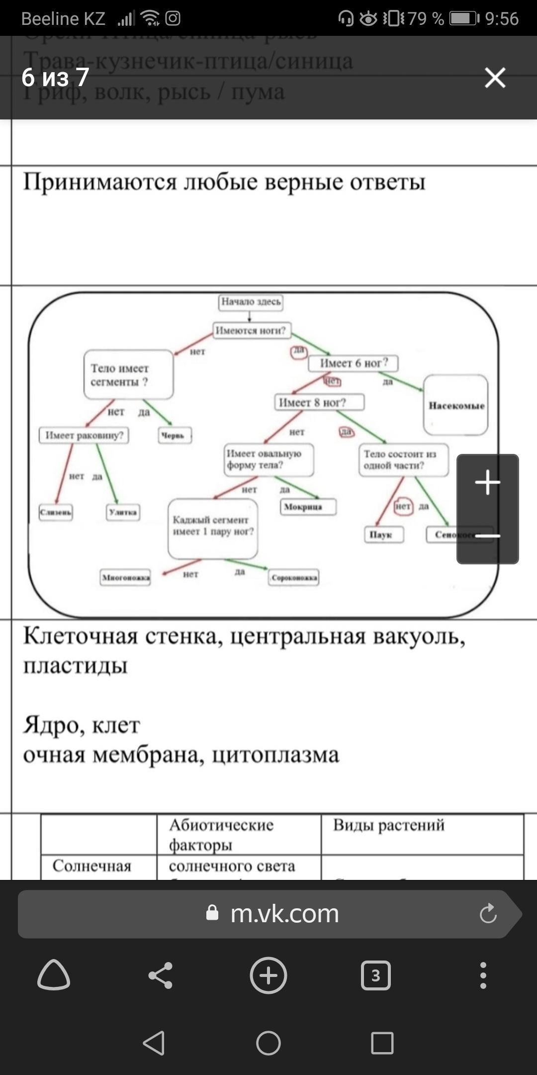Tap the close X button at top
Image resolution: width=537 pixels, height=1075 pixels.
[495, 78]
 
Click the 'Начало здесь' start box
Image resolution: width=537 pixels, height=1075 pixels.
[251, 302]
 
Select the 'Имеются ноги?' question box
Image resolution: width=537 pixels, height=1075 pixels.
[253, 330]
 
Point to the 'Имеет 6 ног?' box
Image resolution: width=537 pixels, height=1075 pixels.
[354, 363]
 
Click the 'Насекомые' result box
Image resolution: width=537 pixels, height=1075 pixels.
[456, 405]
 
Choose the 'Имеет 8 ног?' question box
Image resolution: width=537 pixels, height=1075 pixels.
[319, 402]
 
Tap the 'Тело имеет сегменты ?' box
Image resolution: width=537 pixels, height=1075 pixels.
[128, 375]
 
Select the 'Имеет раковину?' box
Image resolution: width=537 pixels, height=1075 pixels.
[84, 435]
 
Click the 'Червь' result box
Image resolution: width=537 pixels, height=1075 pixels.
[175, 435]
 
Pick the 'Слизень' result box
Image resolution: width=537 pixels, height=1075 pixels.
[56, 512]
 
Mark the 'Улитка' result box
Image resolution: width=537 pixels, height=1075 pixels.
[123, 512]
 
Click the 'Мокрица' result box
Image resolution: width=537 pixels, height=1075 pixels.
[308, 507]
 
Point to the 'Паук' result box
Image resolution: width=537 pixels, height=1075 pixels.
[383, 535]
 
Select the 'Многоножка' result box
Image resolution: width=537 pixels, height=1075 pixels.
[125, 577]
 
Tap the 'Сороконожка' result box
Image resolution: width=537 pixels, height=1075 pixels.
[294, 578]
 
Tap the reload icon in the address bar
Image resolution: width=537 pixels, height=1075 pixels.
[488, 914]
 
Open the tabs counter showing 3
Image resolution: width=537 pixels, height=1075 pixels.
[375, 975]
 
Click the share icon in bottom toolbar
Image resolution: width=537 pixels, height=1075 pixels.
[160, 975]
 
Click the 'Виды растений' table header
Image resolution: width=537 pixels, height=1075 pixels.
[389, 825]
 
